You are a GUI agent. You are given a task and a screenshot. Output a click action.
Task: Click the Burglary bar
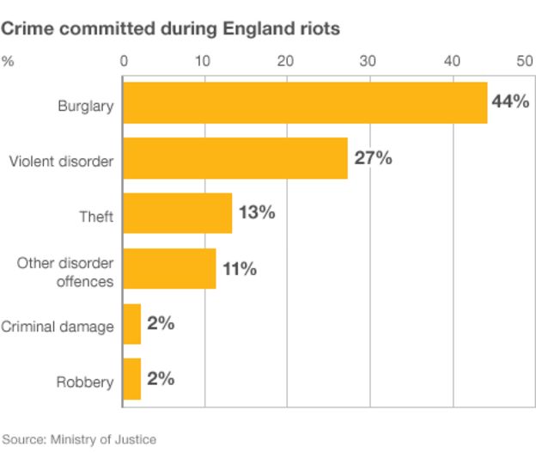click(x=305, y=103)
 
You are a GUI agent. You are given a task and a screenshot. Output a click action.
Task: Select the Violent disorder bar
click(x=235, y=158)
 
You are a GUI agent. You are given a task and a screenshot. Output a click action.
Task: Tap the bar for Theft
click(x=178, y=213)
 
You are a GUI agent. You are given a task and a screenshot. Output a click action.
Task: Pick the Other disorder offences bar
click(x=169, y=268)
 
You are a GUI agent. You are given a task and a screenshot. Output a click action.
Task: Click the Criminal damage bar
click(x=132, y=324)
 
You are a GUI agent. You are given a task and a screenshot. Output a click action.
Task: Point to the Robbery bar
click(x=132, y=379)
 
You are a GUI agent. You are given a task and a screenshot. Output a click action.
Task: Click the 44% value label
click(x=509, y=102)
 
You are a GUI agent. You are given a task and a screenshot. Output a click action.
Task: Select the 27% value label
click(x=373, y=157)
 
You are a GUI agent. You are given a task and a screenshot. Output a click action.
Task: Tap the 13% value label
click(x=256, y=212)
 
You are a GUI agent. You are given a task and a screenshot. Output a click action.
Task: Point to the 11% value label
click(x=240, y=268)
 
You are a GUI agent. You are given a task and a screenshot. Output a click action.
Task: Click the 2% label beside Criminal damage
click(x=161, y=323)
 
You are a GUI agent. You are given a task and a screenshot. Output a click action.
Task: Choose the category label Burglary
click(x=85, y=107)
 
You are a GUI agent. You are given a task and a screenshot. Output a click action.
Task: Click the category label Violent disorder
click(x=61, y=162)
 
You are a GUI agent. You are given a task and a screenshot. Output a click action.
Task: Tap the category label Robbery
click(x=85, y=382)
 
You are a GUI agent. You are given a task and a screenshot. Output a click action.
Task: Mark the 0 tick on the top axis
click(x=124, y=61)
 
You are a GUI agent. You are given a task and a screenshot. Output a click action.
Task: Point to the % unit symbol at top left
click(x=8, y=61)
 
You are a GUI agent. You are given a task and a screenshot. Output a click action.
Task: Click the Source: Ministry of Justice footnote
click(x=79, y=438)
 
